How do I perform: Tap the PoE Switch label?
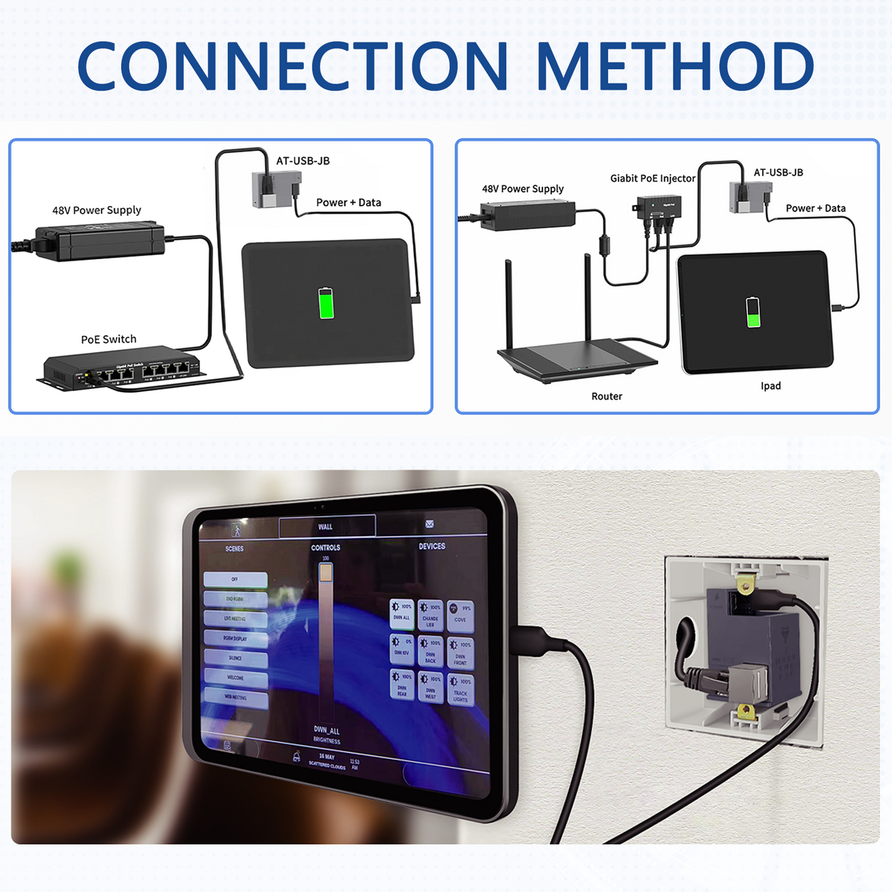[x=109, y=340]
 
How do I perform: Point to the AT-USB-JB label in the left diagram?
[x=302, y=161]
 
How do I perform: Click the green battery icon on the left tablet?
[x=326, y=303]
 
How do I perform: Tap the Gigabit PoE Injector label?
[x=652, y=178]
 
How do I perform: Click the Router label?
[x=606, y=396]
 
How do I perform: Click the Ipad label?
[x=770, y=386]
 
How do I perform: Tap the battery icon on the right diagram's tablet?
[x=753, y=312]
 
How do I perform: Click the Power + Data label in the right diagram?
[x=815, y=209]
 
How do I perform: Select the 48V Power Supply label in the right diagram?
[x=523, y=189]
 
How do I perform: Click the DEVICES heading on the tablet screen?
[x=432, y=546]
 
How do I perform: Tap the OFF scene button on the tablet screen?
[x=235, y=579]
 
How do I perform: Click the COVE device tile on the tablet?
[x=461, y=614]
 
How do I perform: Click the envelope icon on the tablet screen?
[x=430, y=524]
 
